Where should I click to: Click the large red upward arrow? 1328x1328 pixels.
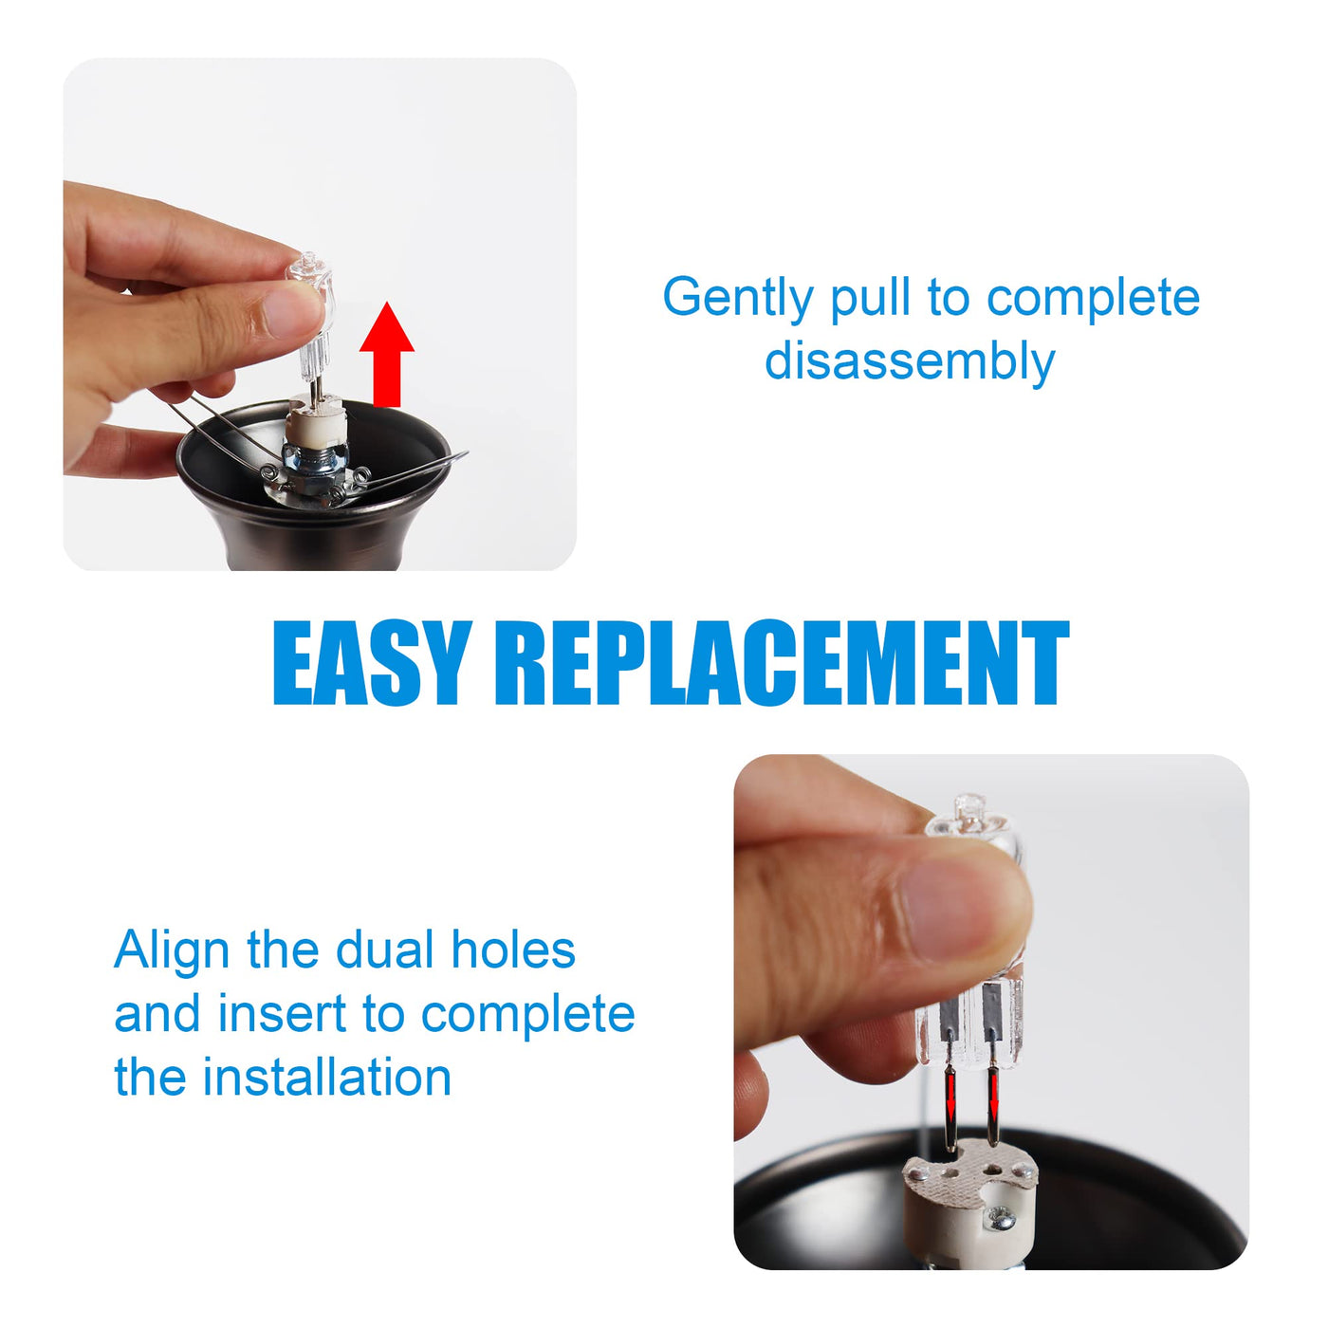click(x=387, y=354)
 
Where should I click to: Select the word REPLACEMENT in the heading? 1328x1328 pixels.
click(x=783, y=663)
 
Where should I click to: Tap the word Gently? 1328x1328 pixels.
click(x=737, y=299)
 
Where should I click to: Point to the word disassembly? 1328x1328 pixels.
click(x=910, y=361)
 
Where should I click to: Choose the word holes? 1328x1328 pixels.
click(x=513, y=950)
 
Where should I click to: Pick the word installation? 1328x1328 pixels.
click(x=326, y=1078)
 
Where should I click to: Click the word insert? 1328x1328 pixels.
click(x=282, y=1014)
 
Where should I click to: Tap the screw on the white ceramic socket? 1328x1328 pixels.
click(x=999, y=1221)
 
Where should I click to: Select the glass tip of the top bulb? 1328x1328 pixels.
click(x=309, y=261)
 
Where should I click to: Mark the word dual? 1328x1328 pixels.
click(x=381, y=950)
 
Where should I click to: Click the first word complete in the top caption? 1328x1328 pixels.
click(x=1093, y=299)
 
